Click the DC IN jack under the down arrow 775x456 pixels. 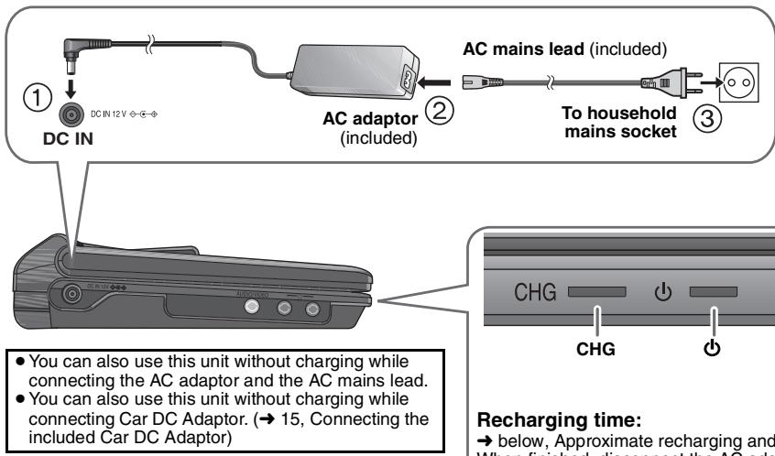(x=68, y=117)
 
